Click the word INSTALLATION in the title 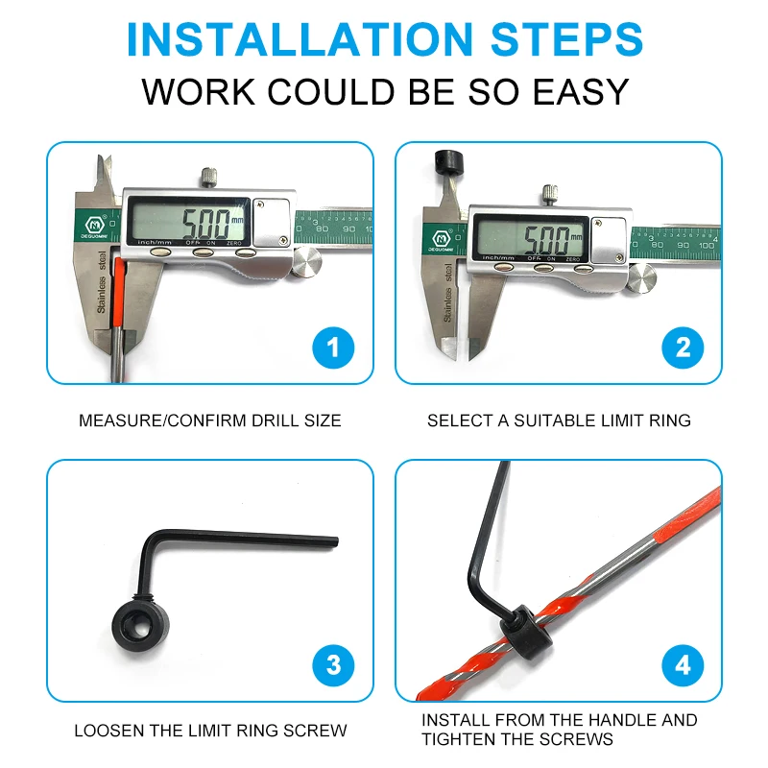coord(300,39)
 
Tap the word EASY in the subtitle coord(581,91)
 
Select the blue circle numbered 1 coord(333,348)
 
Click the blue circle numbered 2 coord(683,348)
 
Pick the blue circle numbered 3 coord(333,665)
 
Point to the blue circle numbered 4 coord(683,665)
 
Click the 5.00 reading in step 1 coord(206,224)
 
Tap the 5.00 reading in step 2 coord(546,239)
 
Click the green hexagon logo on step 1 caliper coord(94,225)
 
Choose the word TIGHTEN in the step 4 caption coord(459,738)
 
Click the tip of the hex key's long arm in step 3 coord(338,542)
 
